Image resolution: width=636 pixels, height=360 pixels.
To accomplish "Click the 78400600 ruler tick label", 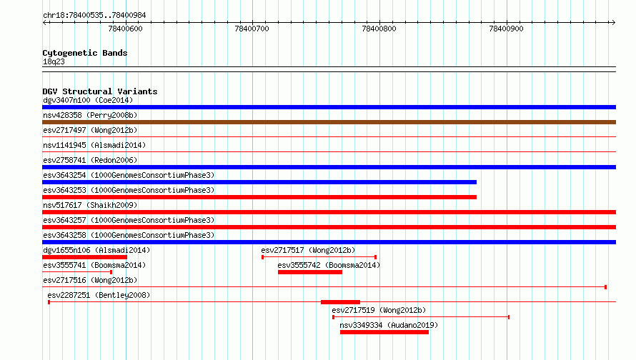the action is pos(125,29).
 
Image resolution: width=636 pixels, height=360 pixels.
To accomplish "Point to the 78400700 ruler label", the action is pos(252,29).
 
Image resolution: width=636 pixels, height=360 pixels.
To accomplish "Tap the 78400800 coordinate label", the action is pos(379,29).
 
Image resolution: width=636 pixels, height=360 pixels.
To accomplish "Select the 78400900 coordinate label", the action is pos(506,29).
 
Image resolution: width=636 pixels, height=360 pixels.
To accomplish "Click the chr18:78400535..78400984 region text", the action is pos(94,16).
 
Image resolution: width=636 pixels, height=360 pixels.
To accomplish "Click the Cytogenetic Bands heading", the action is pos(85,53).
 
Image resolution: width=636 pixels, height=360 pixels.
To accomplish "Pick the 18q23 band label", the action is pos(54,61).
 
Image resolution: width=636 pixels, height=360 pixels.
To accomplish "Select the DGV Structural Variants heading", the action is pos(100,91).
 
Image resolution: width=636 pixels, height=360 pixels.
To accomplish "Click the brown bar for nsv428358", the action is pos(329,122).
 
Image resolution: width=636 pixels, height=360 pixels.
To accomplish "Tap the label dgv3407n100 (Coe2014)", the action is pos(88,100).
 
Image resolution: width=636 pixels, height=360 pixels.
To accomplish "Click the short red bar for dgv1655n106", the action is pos(85,257).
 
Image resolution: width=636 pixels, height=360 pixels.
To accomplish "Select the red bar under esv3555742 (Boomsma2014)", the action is pos(310,272).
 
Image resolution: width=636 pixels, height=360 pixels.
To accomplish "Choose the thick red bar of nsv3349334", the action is pos(384,332).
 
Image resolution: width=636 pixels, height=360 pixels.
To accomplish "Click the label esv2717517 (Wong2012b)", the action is pos(308,250).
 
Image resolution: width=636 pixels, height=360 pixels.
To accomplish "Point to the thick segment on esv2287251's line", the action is pos(340,302).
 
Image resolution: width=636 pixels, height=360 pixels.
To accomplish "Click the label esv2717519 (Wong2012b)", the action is pos(379,310).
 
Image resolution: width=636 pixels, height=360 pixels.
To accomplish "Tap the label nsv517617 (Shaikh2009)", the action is pos(90,205).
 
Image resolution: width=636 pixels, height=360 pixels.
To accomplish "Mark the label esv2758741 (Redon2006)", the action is pos(90,160).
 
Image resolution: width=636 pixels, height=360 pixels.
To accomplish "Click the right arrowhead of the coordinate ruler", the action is pos(614,23).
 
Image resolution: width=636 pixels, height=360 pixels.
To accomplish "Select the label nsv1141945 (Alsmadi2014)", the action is pos(94,145).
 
